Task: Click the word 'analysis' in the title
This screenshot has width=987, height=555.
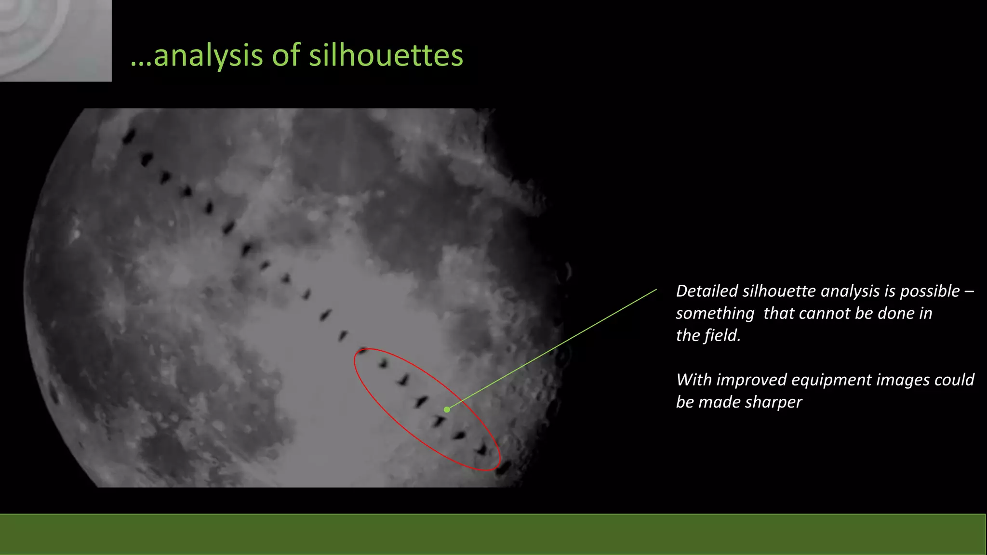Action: [x=208, y=56]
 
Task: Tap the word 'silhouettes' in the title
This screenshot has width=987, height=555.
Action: [x=386, y=55]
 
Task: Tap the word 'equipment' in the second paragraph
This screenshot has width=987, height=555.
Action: [x=831, y=380]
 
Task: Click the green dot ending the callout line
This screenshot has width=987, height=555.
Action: [x=447, y=410]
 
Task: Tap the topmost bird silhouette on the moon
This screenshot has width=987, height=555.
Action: [x=129, y=137]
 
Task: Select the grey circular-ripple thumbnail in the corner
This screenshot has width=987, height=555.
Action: [x=55, y=40]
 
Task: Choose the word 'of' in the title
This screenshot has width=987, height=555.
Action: [x=286, y=55]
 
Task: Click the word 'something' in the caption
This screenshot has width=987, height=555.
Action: [x=715, y=314]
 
